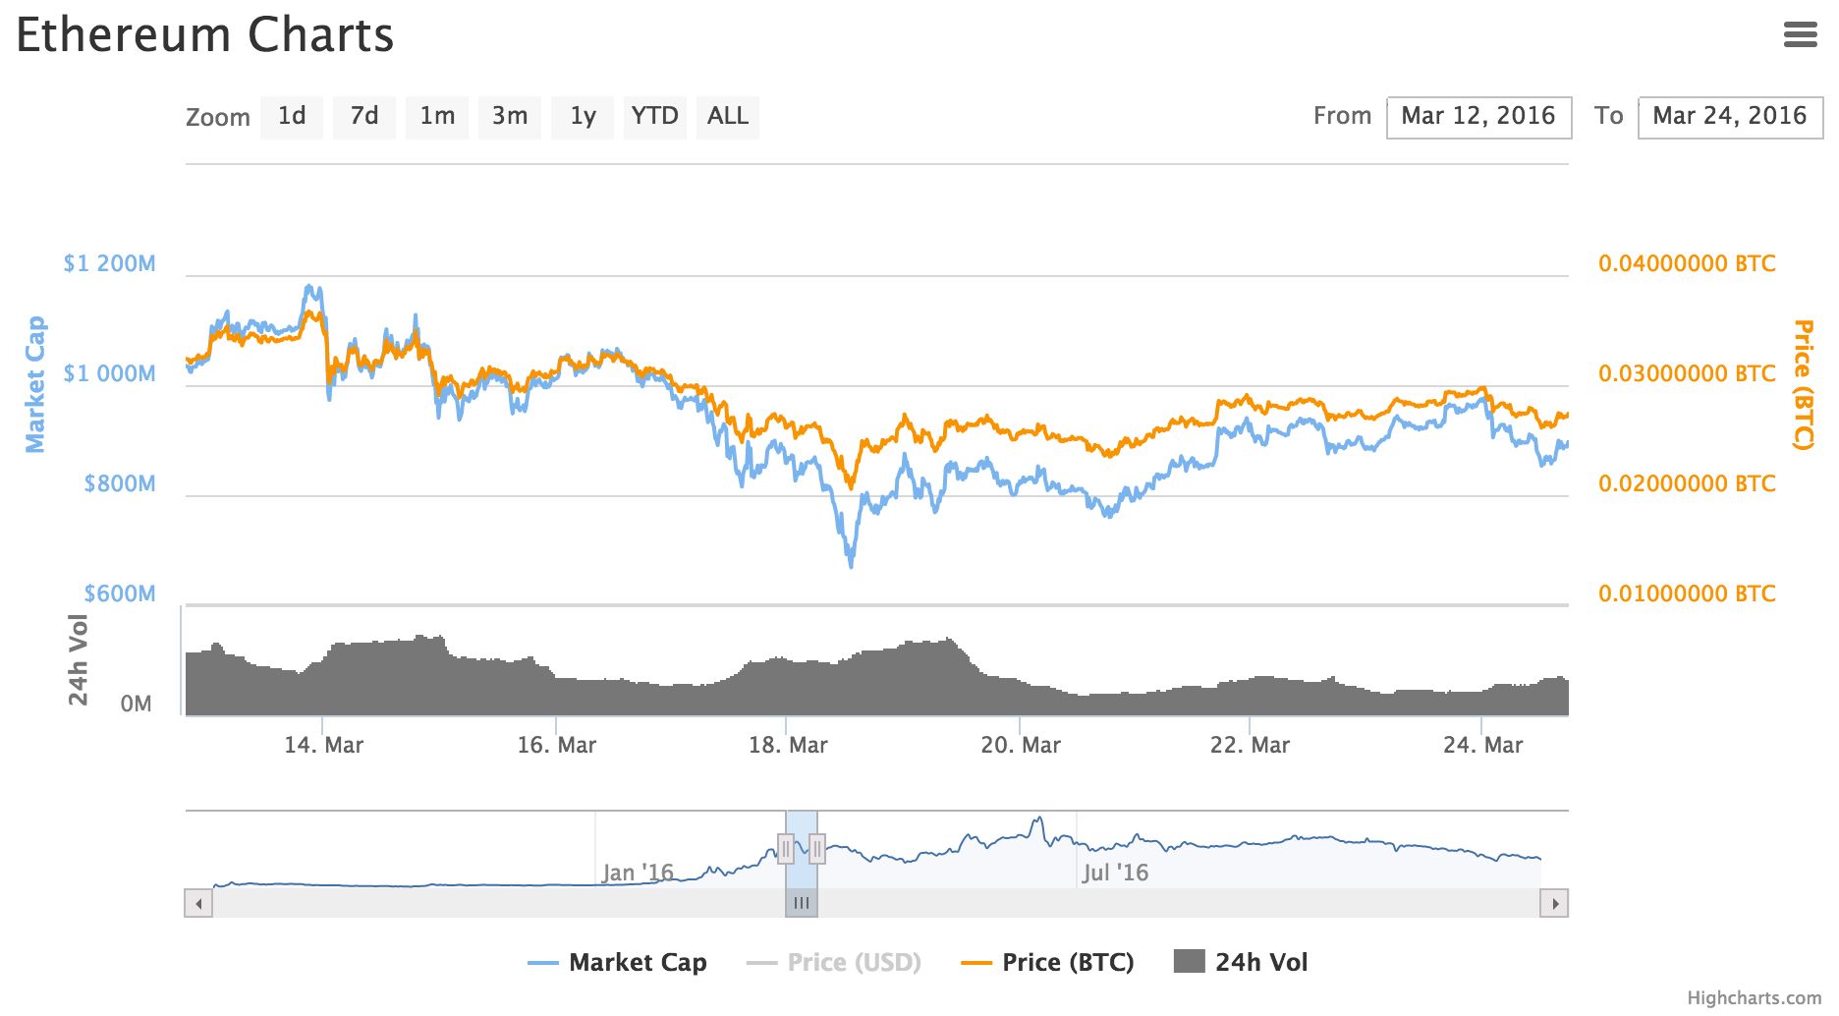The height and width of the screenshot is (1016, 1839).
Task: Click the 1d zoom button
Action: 292,117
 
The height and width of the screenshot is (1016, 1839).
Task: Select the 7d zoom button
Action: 364,117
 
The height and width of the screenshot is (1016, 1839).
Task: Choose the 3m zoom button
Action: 510,117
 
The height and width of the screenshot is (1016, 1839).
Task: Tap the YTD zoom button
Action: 654,117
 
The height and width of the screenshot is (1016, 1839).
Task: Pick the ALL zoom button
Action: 727,117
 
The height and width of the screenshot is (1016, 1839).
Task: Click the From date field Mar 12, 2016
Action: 1478,117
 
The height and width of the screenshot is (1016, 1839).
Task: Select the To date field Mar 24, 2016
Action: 1729,117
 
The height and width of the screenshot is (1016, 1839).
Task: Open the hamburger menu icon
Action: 1800,35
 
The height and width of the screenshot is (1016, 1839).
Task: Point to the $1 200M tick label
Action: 109,263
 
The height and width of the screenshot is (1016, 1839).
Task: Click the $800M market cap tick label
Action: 119,483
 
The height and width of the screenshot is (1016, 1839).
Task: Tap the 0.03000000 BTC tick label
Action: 1687,373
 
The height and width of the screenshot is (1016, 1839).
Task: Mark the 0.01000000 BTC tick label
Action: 1687,593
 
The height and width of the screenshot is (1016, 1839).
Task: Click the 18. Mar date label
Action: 788,745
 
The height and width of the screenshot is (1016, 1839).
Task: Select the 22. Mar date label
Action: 1250,745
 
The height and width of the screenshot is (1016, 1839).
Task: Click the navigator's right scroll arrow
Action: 1554,903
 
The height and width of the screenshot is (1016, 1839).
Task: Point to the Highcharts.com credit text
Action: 1754,998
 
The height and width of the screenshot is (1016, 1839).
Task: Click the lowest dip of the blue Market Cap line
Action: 851,565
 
